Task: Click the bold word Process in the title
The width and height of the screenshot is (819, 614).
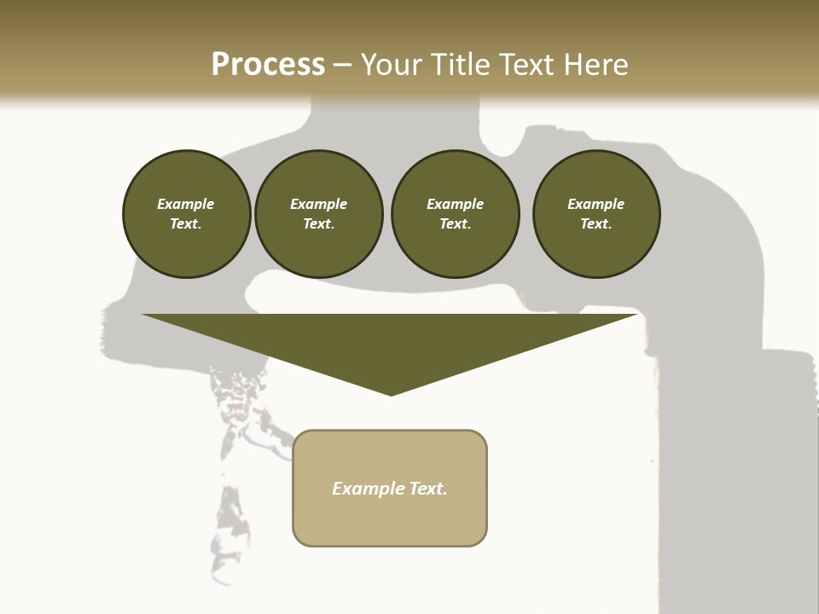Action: click(268, 65)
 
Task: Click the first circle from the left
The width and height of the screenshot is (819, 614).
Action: click(186, 214)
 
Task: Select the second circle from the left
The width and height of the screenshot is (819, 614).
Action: click(318, 214)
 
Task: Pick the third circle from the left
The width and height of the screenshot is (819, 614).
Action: click(455, 214)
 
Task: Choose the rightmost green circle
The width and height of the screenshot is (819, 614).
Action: click(596, 214)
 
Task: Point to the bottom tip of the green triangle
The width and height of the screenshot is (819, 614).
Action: click(391, 394)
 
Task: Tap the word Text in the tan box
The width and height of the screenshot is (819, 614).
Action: click(427, 489)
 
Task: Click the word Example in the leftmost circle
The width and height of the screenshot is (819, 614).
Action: click(186, 204)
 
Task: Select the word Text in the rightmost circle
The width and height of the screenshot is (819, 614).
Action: click(595, 224)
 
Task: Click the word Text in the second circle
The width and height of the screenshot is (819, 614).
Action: click(317, 224)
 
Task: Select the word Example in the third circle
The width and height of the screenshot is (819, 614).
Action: click(455, 204)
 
